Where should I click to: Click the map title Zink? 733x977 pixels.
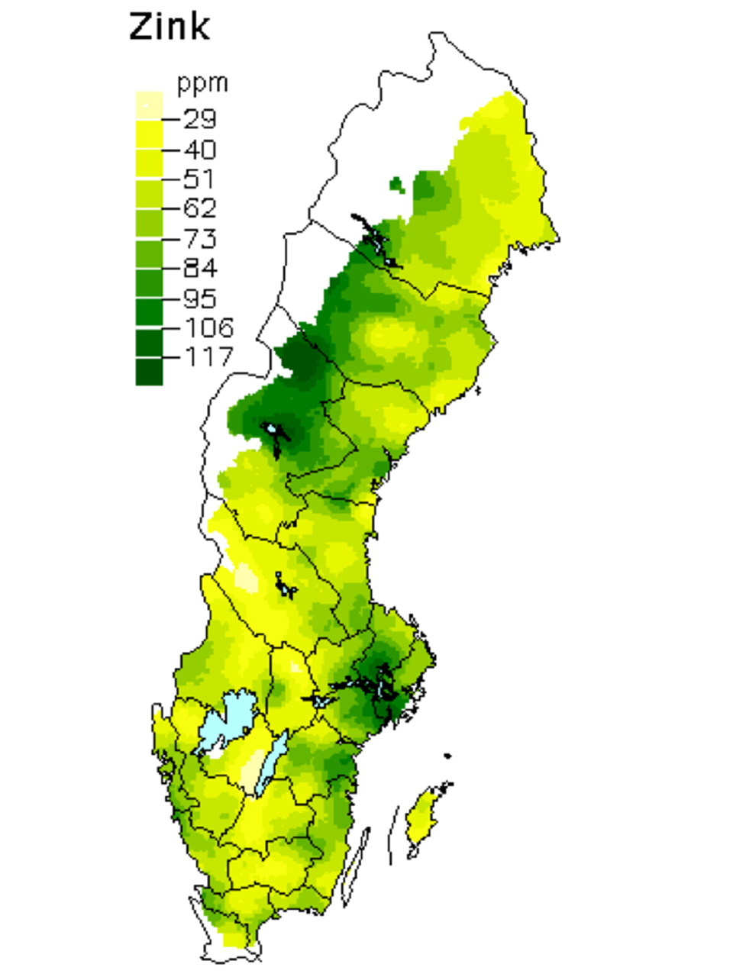[169, 27]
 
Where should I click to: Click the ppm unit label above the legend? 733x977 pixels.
[202, 82]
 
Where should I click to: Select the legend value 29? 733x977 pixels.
[200, 118]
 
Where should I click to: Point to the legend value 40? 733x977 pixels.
[200, 149]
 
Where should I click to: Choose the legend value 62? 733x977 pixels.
[200, 208]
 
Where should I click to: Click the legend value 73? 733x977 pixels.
[200, 238]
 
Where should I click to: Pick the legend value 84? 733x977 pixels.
[200, 268]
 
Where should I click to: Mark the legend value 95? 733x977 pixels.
[200, 298]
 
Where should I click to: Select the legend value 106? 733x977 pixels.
[208, 327]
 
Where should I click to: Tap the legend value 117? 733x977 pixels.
[208, 356]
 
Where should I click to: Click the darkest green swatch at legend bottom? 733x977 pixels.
[149, 372]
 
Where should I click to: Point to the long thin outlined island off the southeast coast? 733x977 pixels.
[356, 866]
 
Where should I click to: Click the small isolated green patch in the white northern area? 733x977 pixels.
[396, 184]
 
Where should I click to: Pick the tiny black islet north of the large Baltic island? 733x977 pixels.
[447, 756]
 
